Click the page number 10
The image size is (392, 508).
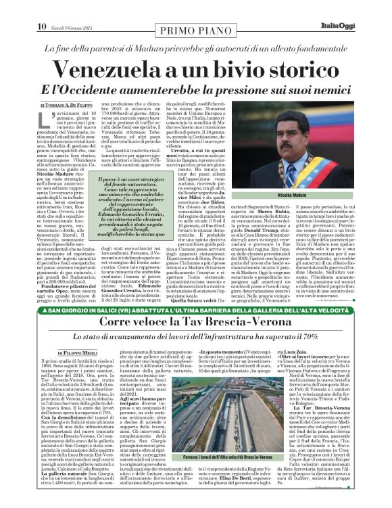[x=11, y=7]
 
